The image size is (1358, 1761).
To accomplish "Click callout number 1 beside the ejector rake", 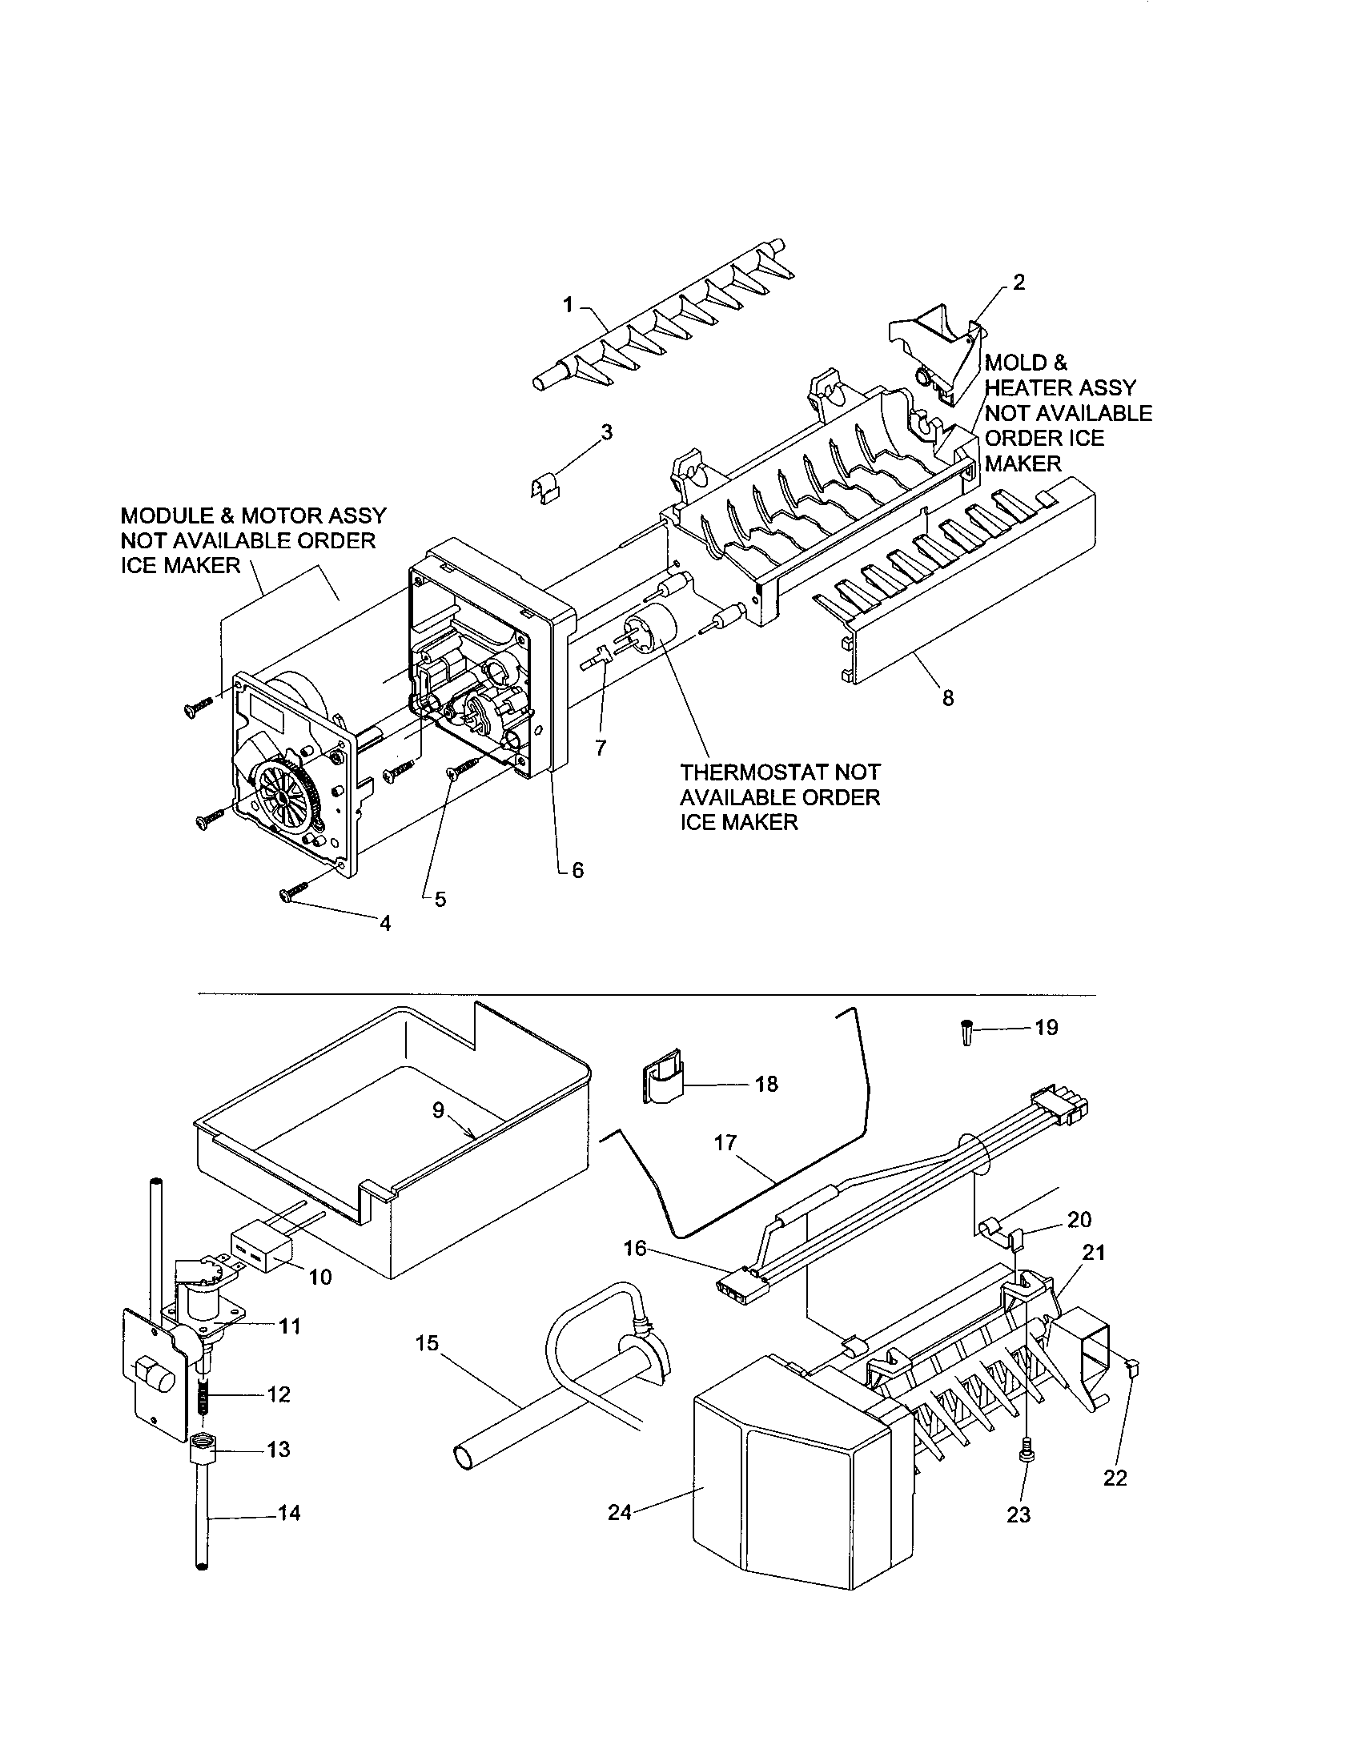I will pos(568,305).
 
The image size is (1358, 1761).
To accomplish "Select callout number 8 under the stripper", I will pos(947,697).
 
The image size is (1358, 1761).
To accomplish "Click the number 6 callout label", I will pos(577,871).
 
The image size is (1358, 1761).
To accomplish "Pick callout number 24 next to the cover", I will pos(619,1514).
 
